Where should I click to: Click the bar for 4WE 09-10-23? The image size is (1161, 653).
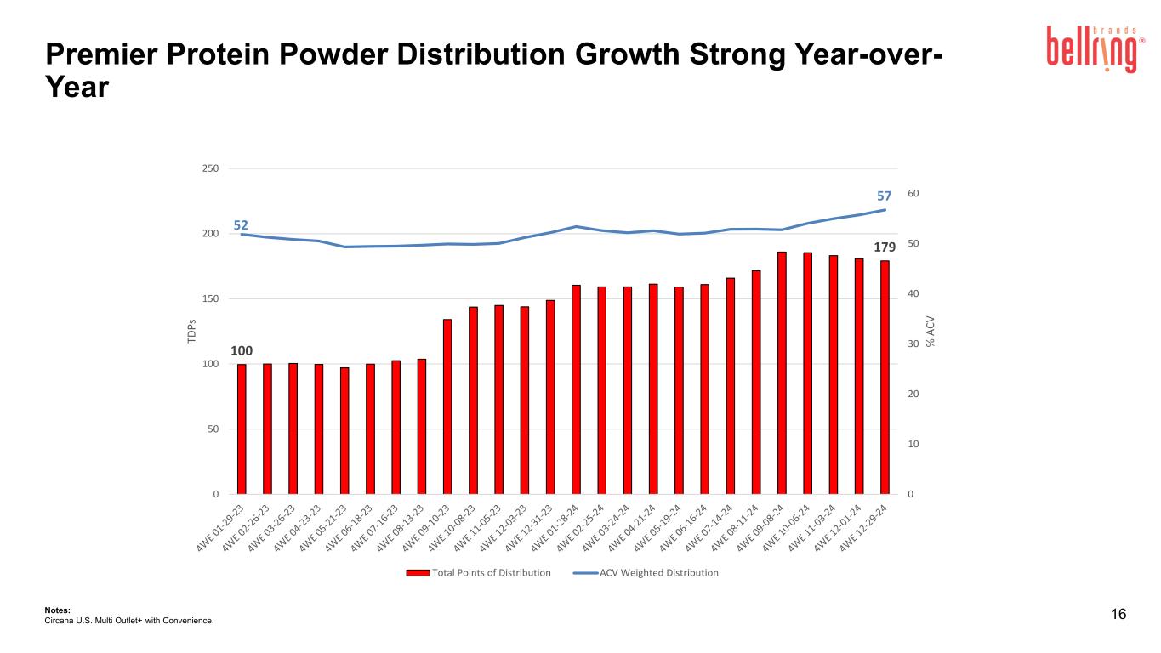point(447,406)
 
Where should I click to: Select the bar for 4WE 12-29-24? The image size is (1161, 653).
point(885,378)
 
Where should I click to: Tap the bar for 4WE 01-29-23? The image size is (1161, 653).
point(242,429)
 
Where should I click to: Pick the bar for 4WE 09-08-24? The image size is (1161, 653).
point(783,373)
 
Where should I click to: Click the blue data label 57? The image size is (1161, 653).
point(884,196)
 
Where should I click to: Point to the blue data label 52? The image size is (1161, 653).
point(241,225)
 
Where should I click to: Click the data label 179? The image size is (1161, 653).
point(885,247)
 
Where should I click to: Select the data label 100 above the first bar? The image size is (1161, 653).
point(242,351)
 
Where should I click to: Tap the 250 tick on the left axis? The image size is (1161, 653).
point(210,168)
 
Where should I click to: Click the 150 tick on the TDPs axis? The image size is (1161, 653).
point(210,299)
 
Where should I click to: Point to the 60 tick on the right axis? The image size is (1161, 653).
point(913,193)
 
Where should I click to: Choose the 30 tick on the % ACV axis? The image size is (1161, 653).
point(913,344)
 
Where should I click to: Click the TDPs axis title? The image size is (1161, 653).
point(191,331)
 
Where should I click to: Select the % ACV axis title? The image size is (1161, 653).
point(931,332)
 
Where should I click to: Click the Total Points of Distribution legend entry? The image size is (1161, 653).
point(478,573)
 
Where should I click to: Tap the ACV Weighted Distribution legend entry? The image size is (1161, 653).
point(646,573)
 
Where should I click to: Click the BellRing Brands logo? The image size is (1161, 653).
point(1096,49)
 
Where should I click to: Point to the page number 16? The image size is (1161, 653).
point(1118,614)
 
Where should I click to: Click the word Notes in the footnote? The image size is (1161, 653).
point(57,610)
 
